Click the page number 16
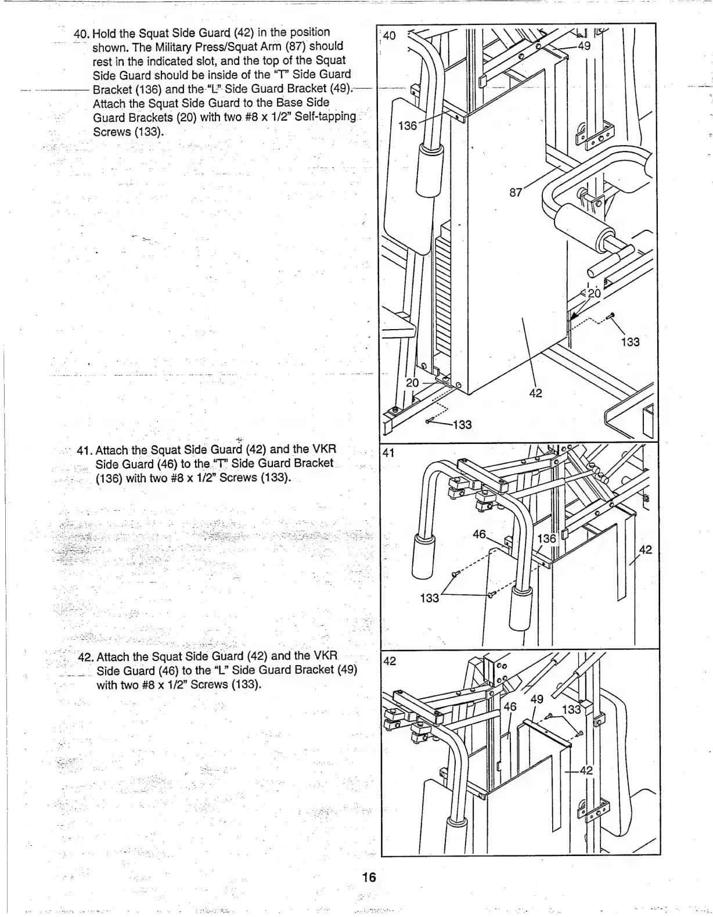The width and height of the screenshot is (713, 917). (x=369, y=877)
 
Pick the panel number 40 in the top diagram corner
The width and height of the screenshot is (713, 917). (x=390, y=35)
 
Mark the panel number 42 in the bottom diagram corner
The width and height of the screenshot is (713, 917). (x=390, y=660)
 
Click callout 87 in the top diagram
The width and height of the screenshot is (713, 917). (x=516, y=193)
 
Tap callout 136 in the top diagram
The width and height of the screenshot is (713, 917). (x=408, y=126)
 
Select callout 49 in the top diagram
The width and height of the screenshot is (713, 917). (x=584, y=46)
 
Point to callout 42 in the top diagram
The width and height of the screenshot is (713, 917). (x=535, y=393)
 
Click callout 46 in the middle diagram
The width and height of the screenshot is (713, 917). (x=479, y=534)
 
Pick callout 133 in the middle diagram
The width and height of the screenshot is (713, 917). (x=430, y=598)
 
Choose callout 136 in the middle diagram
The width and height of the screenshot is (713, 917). (x=546, y=539)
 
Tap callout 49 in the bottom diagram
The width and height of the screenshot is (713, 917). (x=537, y=699)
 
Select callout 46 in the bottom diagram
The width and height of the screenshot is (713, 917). (x=510, y=706)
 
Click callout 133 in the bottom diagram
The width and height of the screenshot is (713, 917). (x=571, y=709)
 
